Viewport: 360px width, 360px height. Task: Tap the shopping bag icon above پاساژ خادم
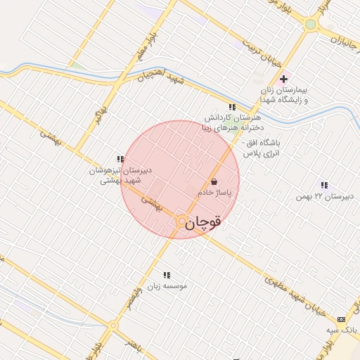coord(214,181)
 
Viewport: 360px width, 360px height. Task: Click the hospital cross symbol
coord(283,79)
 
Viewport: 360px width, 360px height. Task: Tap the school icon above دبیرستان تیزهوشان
coord(120,159)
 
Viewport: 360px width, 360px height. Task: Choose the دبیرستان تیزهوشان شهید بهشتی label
coord(117,175)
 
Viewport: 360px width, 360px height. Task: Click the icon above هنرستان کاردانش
coord(231,107)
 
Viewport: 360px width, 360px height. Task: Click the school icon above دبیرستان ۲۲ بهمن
coord(323,186)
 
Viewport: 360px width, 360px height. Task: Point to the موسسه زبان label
coord(167,286)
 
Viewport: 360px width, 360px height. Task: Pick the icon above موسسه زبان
coord(167,275)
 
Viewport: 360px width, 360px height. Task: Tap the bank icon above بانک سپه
coord(342,319)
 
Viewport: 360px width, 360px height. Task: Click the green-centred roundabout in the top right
coord(310,25)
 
